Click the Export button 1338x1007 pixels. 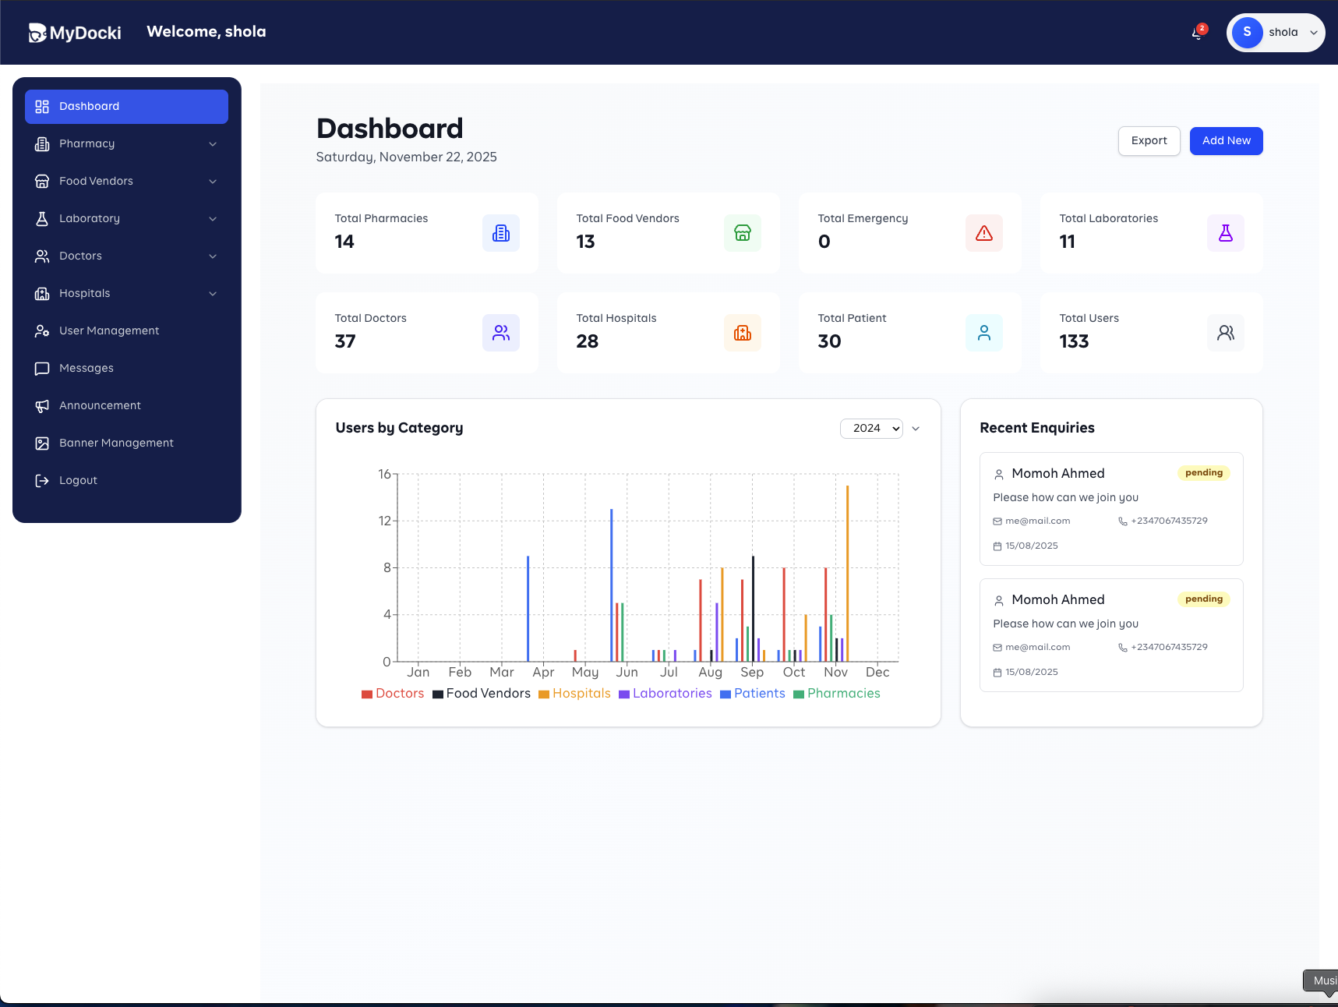click(1149, 141)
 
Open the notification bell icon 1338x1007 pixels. click(1197, 33)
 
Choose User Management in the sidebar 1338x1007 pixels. click(109, 331)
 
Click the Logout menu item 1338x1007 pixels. click(78, 481)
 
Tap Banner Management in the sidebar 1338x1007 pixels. click(116, 443)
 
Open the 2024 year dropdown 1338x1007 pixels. click(871, 429)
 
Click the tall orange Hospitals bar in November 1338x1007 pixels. click(847, 574)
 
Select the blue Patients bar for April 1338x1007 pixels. click(528, 609)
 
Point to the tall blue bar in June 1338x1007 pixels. click(612, 585)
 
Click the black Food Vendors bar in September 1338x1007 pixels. click(753, 609)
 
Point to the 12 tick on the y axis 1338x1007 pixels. click(385, 521)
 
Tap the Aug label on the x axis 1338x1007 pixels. click(710, 673)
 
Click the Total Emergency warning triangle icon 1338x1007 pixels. click(983, 233)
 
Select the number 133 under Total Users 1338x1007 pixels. click(1074, 341)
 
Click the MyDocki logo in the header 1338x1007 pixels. click(75, 33)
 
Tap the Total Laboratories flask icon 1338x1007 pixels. click(1225, 233)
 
